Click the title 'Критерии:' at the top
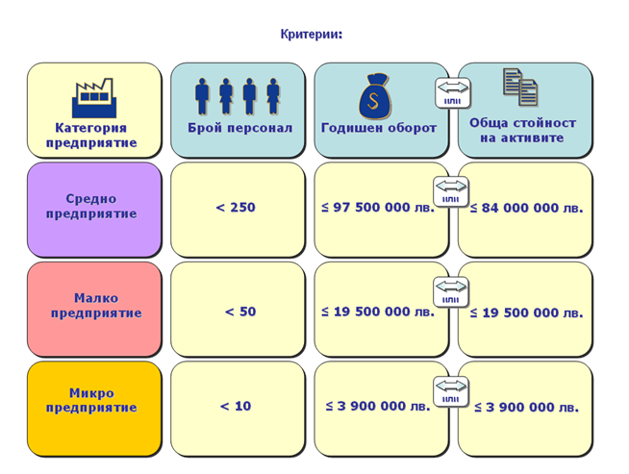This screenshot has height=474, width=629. (311, 35)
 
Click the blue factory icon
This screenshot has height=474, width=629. (92, 98)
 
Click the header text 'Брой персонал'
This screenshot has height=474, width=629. (239, 128)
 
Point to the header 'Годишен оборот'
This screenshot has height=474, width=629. (378, 128)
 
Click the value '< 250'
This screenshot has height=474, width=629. (236, 207)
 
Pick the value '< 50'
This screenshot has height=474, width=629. (239, 312)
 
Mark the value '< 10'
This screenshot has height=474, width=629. (236, 406)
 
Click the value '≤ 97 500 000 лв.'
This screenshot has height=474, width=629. (378, 207)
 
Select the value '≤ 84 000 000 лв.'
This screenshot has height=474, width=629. (526, 208)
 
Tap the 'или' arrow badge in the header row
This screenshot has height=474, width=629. (453, 92)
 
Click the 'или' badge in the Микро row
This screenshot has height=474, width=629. (451, 391)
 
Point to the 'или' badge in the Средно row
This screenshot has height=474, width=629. (451, 191)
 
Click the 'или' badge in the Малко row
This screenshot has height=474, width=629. (451, 291)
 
